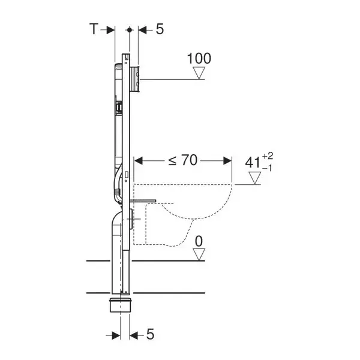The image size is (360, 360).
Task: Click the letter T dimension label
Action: (x=94, y=29)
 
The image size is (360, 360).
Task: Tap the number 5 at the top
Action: (x=160, y=29)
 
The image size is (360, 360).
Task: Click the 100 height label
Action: (x=199, y=59)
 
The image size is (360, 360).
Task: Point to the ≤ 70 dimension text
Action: (x=183, y=160)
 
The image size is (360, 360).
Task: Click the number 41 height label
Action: (x=253, y=163)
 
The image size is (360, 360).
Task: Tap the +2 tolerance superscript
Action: (x=268, y=157)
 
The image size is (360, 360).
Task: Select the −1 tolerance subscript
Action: (x=267, y=169)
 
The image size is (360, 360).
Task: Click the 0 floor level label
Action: (x=199, y=241)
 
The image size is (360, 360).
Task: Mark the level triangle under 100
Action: (x=199, y=73)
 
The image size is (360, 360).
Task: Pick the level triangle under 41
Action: (x=255, y=178)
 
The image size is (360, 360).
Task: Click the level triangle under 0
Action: (x=199, y=254)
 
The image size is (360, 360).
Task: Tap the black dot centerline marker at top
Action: (x=130, y=30)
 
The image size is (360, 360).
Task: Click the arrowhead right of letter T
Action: (x=110, y=30)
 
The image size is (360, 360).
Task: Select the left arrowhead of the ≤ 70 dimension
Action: (x=139, y=161)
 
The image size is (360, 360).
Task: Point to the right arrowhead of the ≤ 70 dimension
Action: (x=227, y=161)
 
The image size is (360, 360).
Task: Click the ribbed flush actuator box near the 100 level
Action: (x=135, y=79)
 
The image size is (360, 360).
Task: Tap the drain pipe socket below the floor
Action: (x=121, y=305)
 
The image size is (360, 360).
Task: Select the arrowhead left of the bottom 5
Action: (x=116, y=335)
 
